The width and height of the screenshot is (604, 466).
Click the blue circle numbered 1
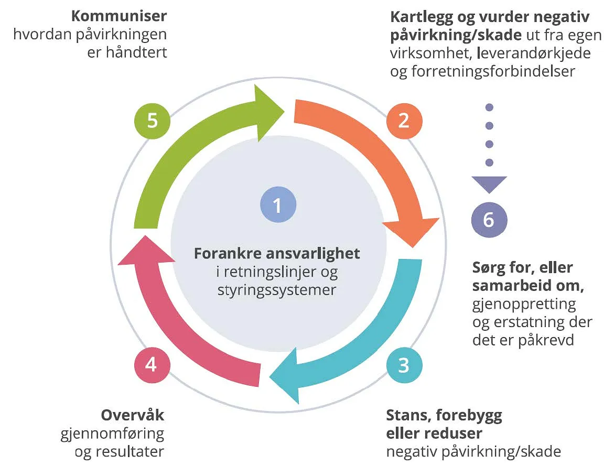[x=278, y=204]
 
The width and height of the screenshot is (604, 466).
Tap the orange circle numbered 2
[x=404, y=121]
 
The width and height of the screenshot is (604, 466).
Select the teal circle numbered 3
[x=404, y=365]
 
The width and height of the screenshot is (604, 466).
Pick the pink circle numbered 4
[x=152, y=365]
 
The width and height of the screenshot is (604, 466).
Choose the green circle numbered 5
[x=152, y=121]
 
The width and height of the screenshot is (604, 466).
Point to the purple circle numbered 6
[x=489, y=220]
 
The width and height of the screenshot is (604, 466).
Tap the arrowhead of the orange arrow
[x=412, y=232]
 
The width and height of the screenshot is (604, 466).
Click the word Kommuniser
[x=119, y=16]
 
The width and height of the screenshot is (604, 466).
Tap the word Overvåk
[x=133, y=415]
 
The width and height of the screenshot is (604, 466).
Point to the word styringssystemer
[x=277, y=290]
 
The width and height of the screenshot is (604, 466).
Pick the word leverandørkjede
[x=534, y=53]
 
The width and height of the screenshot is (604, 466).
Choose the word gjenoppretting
[x=524, y=304]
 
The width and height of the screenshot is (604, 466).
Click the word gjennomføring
[x=112, y=434]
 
